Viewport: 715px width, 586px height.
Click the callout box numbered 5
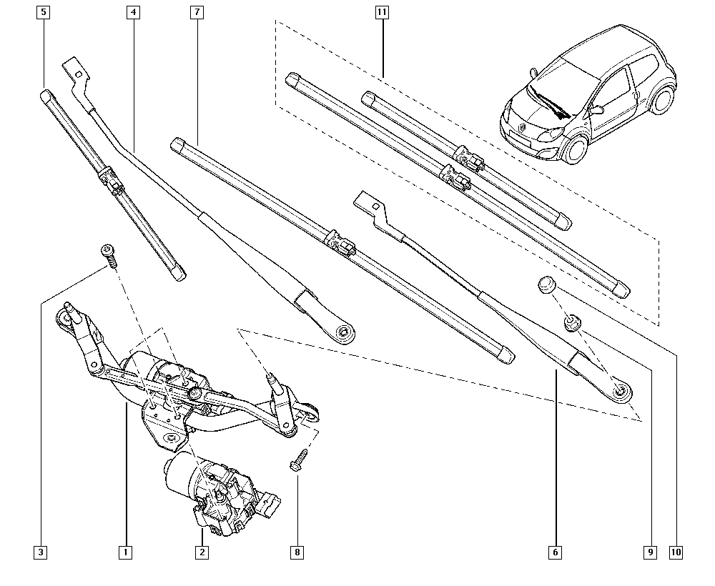click(44, 12)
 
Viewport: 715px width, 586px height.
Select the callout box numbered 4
click(133, 12)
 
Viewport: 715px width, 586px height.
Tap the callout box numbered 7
click(197, 12)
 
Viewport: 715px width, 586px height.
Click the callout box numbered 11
click(383, 12)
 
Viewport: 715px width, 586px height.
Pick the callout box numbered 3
click(41, 552)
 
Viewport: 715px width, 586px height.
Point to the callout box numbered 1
click(126, 552)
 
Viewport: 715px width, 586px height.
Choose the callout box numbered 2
click(202, 552)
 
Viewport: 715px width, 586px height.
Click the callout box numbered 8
click(297, 552)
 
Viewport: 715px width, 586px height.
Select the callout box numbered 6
click(555, 552)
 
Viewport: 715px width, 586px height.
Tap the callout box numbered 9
click(649, 552)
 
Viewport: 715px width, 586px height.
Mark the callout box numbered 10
click(676, 552)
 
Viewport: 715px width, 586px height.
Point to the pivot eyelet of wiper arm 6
click(620, 390)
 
